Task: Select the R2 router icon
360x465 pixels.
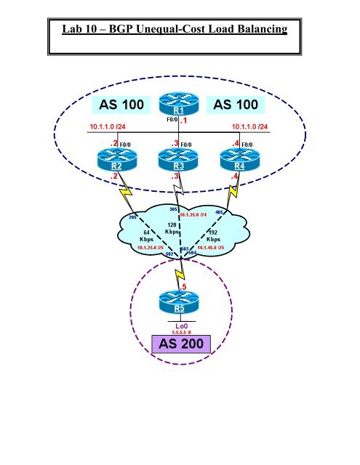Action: pos(113,160)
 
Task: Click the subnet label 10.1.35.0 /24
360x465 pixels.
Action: pos(193,216)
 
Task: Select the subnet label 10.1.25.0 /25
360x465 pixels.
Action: pos(150,248)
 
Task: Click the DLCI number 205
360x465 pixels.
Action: pos(133,217)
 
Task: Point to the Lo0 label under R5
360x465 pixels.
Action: pos(175,326)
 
